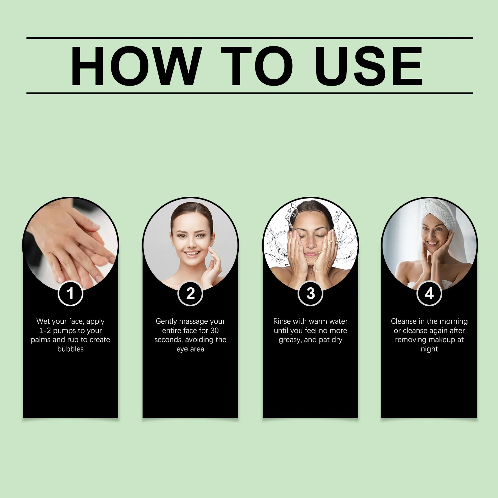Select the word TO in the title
257,66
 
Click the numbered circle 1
70,293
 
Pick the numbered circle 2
190,293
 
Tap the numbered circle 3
310,293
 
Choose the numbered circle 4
429,293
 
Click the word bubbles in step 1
70,349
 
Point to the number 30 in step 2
214,331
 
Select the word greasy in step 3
290,340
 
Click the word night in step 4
429,349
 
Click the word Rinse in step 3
282,321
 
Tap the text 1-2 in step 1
45,331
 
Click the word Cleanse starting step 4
404,321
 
